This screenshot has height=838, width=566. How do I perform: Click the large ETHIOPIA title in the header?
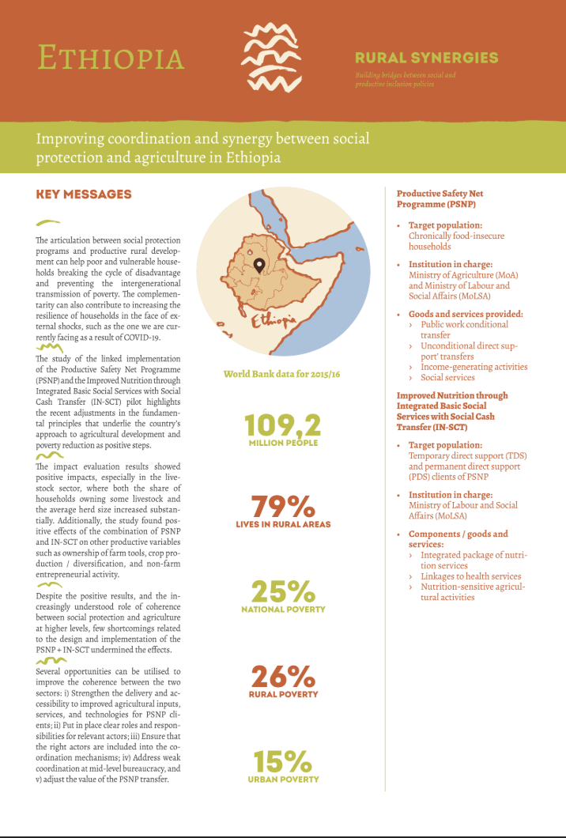coord(111,58)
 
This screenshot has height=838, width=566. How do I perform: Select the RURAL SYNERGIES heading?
coord(426,58)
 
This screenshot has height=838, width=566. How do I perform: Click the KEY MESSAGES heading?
coord(84,194)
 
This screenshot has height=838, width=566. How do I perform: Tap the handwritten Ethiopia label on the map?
coord(273,320)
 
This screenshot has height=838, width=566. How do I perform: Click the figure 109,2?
coord(282,425)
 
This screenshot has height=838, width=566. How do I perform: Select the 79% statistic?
coord(282,507)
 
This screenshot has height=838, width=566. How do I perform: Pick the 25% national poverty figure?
coord(282,592)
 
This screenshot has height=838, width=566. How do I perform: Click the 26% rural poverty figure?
coord(284,677)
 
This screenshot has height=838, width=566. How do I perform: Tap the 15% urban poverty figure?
coord(282,762)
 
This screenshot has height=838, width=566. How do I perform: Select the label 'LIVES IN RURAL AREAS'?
coord(283,524)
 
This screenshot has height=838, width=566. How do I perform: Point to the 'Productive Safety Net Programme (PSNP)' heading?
coord(440,198)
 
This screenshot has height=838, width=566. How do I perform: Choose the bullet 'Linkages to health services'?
coord(470,576)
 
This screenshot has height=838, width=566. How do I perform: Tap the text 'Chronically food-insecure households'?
coord(456,241)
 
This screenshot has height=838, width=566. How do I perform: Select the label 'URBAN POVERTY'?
coord(282,779)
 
